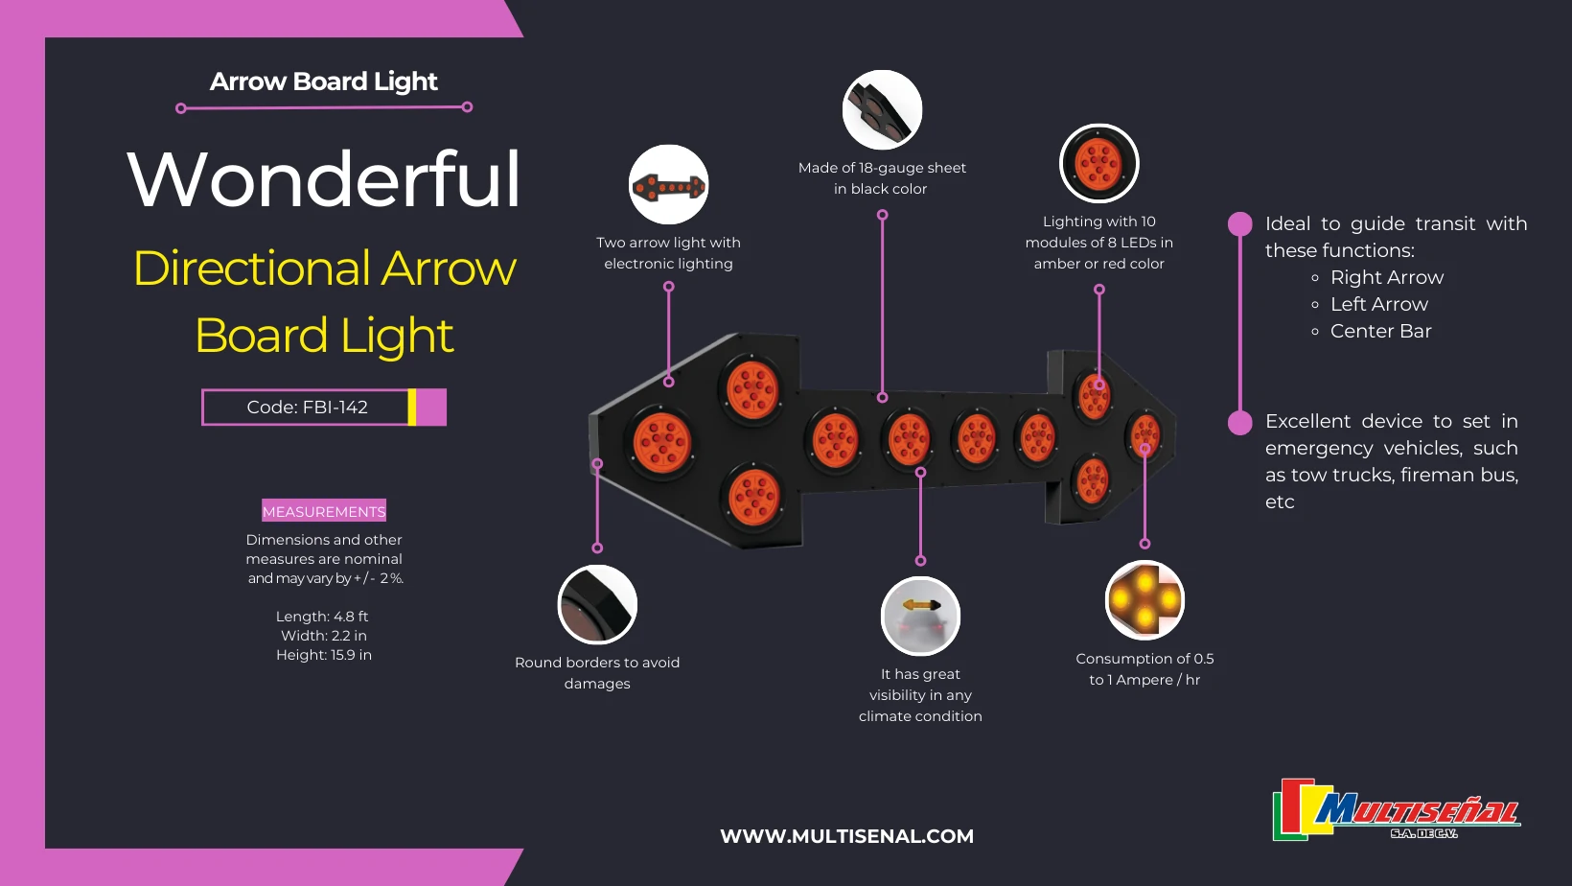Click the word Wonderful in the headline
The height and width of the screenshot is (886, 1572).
point(324,179)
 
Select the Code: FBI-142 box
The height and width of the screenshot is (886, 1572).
point(308,408)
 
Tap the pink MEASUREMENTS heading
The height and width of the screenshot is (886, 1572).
point(324,511)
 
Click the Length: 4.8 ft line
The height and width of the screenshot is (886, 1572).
point(322,617)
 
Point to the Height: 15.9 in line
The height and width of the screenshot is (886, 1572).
point(324,655)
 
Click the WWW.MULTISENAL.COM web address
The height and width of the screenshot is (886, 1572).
point(846,836)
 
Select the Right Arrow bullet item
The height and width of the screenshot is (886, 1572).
point(1386,277)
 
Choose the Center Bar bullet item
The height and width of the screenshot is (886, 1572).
point(1380,331)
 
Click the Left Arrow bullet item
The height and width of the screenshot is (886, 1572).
point(1378,304)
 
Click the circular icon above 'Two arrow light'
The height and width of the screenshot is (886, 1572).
point(668,185)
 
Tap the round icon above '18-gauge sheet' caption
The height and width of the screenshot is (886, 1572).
point(882,110)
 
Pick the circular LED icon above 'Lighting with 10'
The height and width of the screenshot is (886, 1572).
point(1098,163)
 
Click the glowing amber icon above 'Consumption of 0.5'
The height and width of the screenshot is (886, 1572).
point(1144,600)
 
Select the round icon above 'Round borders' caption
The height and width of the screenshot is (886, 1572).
point(597,604)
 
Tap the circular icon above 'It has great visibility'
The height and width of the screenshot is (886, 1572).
point(920,616)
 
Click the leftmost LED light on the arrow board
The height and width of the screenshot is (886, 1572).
point(660,443)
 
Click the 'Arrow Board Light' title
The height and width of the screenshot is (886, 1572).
point(324,82)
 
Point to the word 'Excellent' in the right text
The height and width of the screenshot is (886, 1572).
point(1306,421)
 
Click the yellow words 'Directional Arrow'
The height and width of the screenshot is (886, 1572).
point(324,268)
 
